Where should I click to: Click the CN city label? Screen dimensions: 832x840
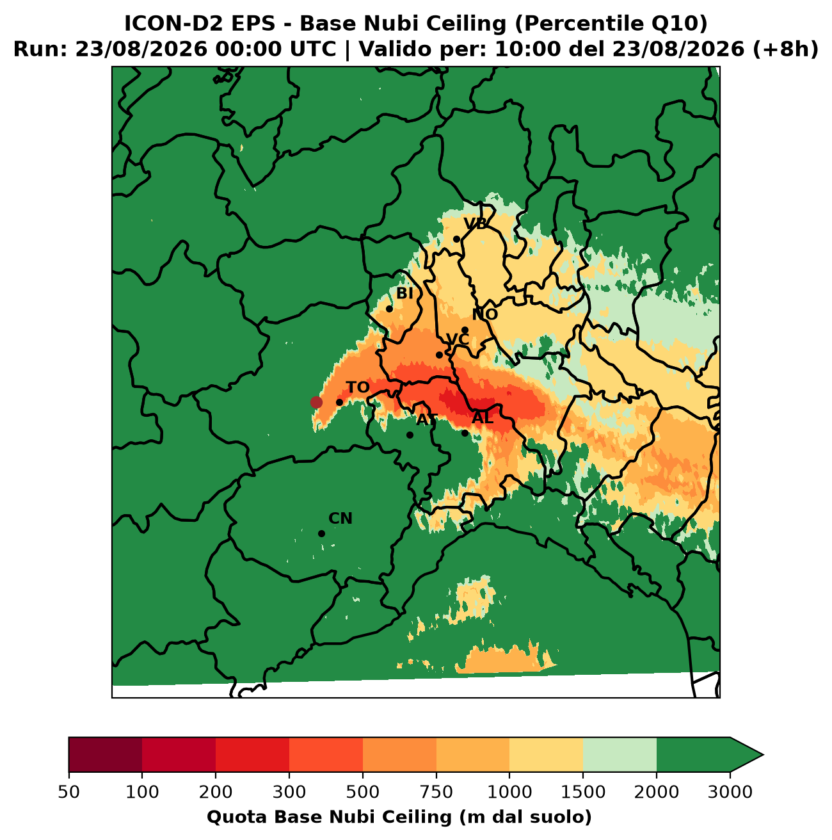tap(340, 519)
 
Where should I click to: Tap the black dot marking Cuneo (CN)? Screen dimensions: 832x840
tap(321, 533)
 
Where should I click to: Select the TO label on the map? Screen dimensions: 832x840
tap(357, 387)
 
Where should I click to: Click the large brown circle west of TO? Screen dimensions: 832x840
tap(316, 402)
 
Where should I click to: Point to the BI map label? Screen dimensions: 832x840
tap(404, 293)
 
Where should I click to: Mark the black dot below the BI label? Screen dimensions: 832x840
tap(389, 309)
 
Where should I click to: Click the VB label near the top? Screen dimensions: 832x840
tap(475, 223)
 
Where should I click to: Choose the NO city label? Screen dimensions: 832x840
tap(484, 314)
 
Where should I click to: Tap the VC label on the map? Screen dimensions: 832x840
tap(458, 339)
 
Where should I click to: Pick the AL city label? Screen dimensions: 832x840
tap(483, 418)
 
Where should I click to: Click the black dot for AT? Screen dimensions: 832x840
tap(410, 435)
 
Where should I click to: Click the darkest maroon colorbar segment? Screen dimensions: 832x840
tap(105, 755)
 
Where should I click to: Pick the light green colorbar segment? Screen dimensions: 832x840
tap(620, 755)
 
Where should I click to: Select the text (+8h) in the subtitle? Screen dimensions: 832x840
tap(785, 49)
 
